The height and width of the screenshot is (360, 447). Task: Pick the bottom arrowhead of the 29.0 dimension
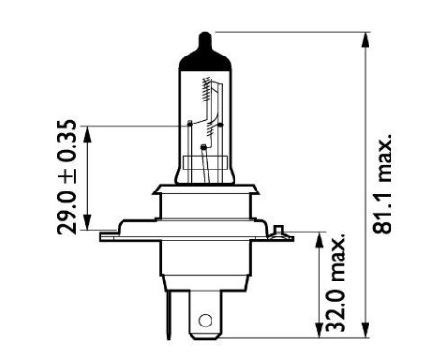(x=89, y=224)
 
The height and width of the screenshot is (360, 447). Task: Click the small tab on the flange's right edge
(x=278, y=229)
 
